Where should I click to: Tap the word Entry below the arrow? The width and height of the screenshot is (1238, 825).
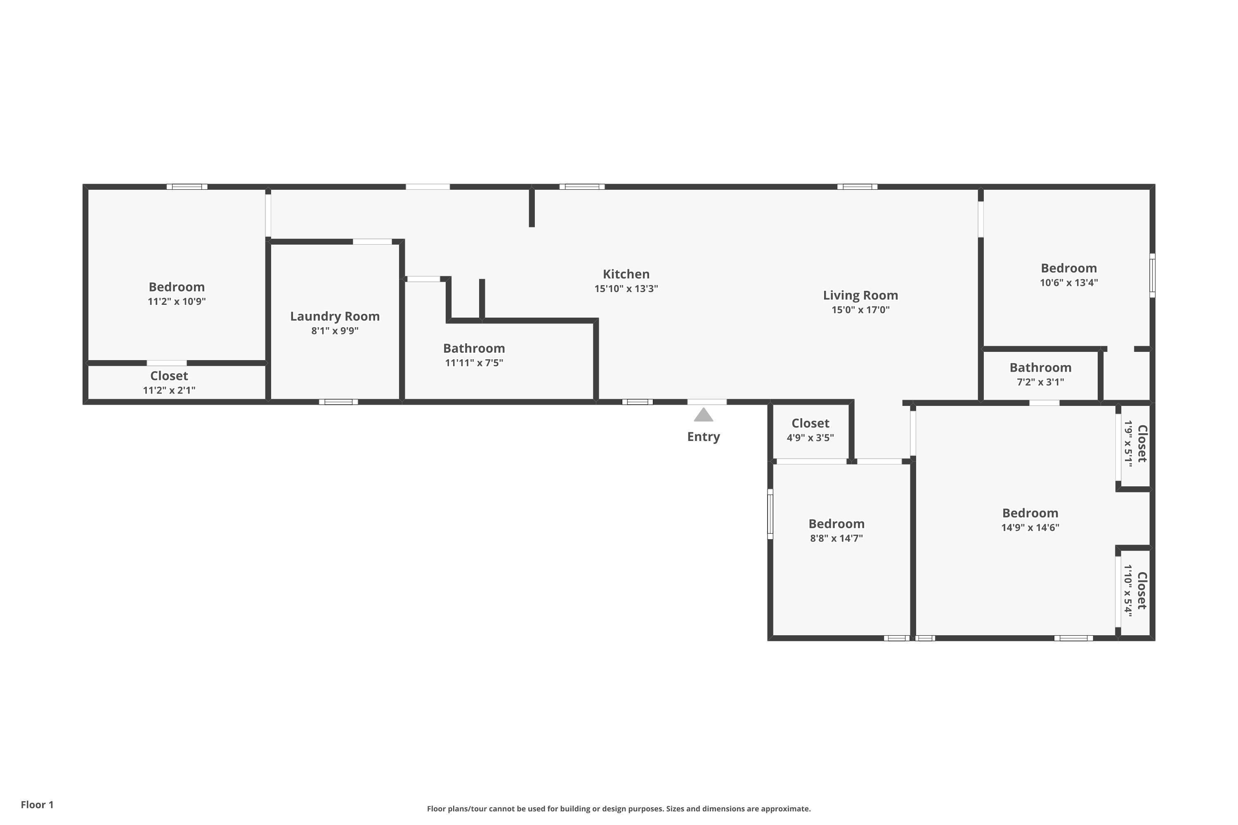(703, 437)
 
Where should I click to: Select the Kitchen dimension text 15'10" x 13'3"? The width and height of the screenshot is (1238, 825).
(626, 289)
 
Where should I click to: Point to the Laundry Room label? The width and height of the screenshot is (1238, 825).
(335, 316)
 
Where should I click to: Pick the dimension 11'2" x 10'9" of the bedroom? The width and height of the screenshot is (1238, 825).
(176, 302)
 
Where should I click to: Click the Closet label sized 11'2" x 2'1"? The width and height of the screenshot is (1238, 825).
(169, 376)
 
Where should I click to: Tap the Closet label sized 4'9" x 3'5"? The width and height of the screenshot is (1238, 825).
(810, 423)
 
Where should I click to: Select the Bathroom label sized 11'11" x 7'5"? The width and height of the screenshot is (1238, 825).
(474, 348)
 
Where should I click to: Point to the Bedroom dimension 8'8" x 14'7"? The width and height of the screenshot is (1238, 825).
(836, 538)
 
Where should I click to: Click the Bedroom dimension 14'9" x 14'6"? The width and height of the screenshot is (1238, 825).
(1030, 528)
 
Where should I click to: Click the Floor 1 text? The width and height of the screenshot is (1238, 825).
(37, 804)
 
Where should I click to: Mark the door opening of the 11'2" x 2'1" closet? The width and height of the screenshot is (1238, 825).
(166, 363)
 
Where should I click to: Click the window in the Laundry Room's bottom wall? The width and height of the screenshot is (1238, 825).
(338, 402)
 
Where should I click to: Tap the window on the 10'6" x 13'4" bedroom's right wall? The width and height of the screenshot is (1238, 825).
(1152, 275)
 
